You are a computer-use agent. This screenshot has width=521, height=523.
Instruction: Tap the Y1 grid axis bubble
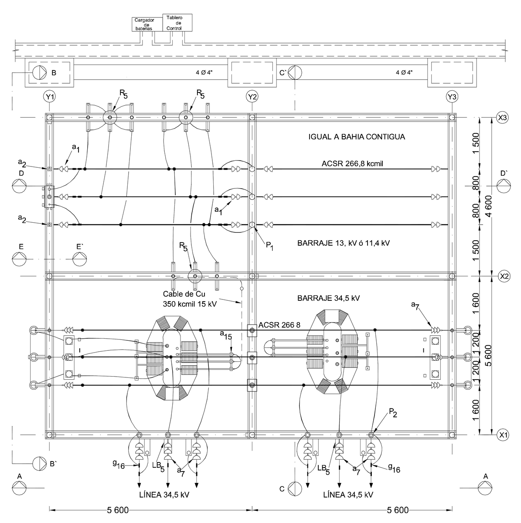(x=50, y=96)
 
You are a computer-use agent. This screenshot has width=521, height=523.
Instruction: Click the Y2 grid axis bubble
(x=252, y=96)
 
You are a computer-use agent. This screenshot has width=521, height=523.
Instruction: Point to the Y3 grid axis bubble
(x=452, y=96)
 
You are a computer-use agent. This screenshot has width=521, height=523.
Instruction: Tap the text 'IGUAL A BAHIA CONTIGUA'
(x=357, y=137)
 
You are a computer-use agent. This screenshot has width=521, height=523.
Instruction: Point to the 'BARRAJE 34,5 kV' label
(x=328, y=299)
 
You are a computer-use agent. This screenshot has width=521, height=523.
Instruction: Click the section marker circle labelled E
(x=19, y=259)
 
